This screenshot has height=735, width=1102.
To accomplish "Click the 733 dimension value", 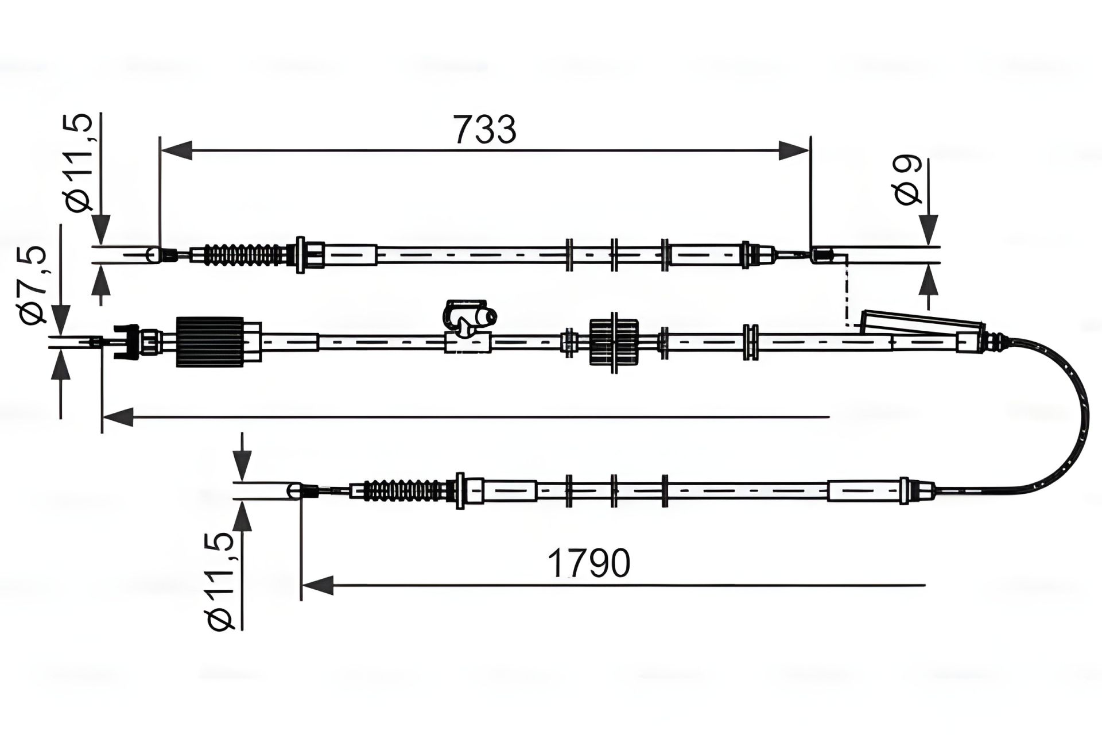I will coord(485,129).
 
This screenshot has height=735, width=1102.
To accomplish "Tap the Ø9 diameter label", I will coord(907,180).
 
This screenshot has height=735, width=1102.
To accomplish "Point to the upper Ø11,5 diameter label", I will coord(79,163).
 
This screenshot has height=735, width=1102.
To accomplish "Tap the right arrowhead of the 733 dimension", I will coord(794,151).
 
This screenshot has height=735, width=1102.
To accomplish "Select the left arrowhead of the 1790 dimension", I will coord(317,585).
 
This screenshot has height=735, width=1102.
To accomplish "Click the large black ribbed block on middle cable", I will coord(210,342).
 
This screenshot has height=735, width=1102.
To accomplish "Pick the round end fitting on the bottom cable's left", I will coord(294,490).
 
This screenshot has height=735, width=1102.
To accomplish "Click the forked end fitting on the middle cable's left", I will coord(126,342).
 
